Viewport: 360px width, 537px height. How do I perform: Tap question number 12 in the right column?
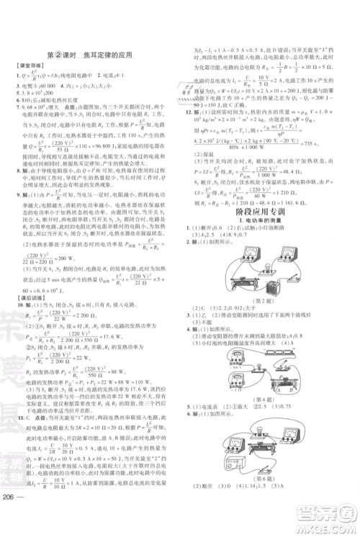pos(190,113)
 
